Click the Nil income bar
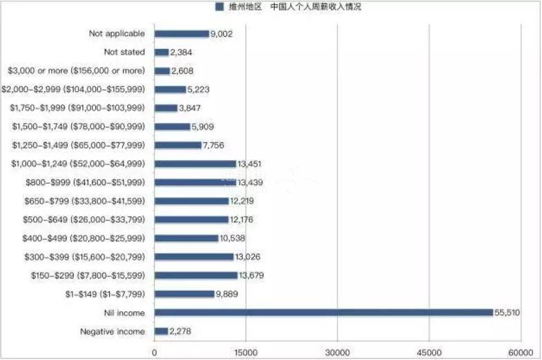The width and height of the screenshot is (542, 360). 323,312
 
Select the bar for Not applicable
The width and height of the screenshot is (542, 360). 181,33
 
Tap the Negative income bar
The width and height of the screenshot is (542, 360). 162,331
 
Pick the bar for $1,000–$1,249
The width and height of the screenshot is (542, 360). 195,164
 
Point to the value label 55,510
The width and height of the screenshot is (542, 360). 507,313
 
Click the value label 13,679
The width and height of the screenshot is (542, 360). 251,276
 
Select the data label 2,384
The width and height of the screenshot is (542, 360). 183,52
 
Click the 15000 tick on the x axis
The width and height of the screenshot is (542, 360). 246,352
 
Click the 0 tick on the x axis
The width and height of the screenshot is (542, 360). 155,352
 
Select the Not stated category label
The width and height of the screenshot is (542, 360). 124,52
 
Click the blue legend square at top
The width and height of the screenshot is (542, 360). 220,7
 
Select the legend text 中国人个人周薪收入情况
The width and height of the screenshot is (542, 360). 316,7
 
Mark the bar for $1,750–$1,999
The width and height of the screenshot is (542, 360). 166,108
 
